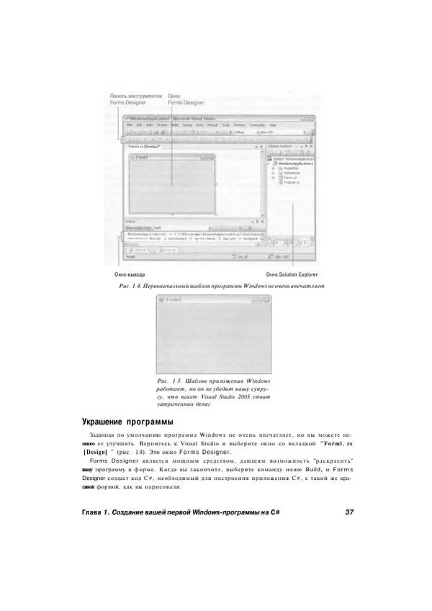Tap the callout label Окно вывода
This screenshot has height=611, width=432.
[x=130, y=275]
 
